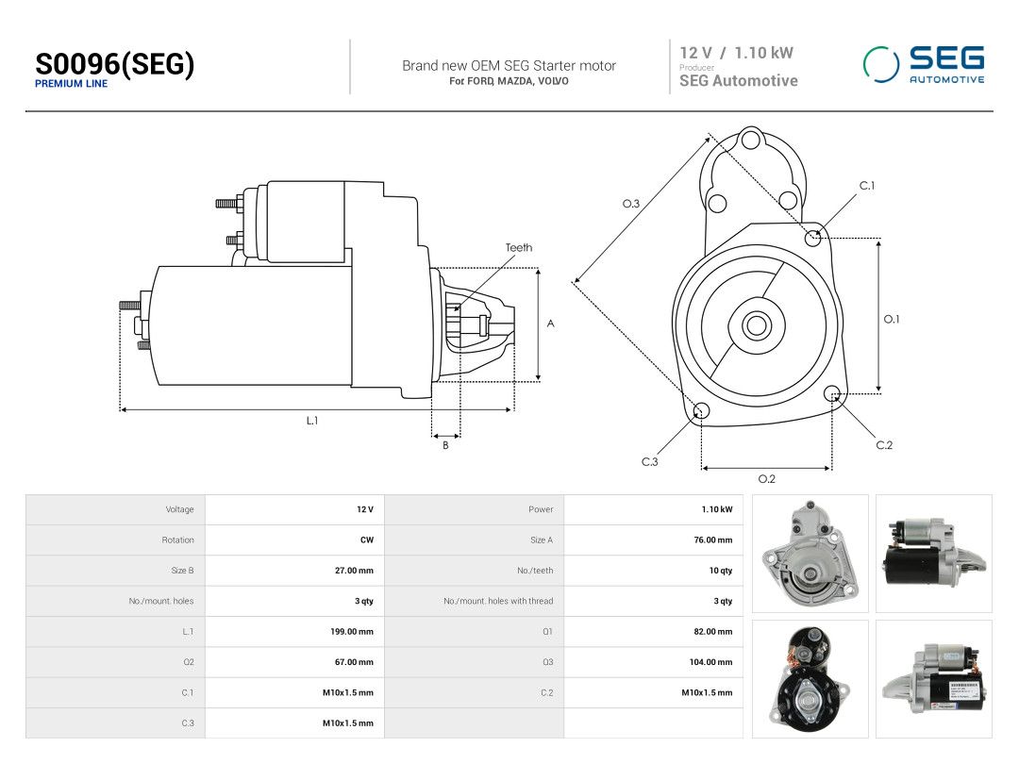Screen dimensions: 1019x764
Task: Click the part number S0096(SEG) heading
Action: pyautogui.click(x=114, y=64)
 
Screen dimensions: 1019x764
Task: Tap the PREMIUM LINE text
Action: pyautogui.click(x=71, y=84)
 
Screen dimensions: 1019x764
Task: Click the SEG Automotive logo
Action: pyautogui.click(x=924, y=64)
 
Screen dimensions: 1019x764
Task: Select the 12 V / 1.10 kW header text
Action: pyautogui.click(x=736, y=53)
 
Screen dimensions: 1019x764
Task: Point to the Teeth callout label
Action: pyautogui.click(x=519, y=247)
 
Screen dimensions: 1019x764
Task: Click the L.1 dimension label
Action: pyautogui.click(x=312, y=421)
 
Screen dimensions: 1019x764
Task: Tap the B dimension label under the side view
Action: pyautogui.click(x=445, y=445)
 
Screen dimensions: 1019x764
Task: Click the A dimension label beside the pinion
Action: pyautogui.click(x=550, y=324)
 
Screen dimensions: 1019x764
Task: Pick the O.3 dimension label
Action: pyautogui.click(x=631, y=204)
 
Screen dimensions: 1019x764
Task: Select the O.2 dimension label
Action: pyautogui.click(x=767, y=479)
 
